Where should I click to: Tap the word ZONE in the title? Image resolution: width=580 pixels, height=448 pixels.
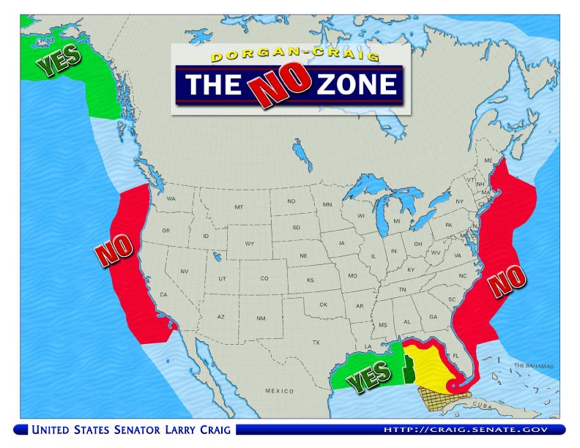pos(357,85)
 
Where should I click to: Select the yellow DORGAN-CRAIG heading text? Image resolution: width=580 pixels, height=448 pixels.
pos(287,56)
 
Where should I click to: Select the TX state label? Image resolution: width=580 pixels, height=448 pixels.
pos(316,343)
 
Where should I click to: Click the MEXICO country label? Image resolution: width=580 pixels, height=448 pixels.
pos(278,391)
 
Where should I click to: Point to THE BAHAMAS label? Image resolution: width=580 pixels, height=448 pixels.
pos(530,365)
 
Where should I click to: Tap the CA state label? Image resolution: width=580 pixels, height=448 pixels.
pos(163,294)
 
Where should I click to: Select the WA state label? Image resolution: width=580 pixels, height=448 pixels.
pos(171,198)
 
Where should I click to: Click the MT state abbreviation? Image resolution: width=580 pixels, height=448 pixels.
pos(238,208)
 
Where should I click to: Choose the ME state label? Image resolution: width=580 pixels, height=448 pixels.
pos(488,160)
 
